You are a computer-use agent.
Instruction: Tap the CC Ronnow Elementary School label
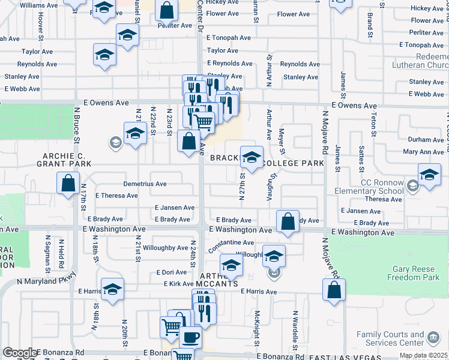point(382,187)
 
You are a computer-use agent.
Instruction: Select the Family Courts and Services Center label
point(390,338)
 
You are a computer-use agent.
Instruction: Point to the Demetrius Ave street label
point(145,184)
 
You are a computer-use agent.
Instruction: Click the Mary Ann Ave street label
point(423,152)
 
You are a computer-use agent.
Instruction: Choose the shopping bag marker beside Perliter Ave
point(166,9)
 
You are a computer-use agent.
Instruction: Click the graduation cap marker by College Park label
point(252,157)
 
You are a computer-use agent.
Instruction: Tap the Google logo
point(19,353)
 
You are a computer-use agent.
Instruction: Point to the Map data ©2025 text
point(424,355)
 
